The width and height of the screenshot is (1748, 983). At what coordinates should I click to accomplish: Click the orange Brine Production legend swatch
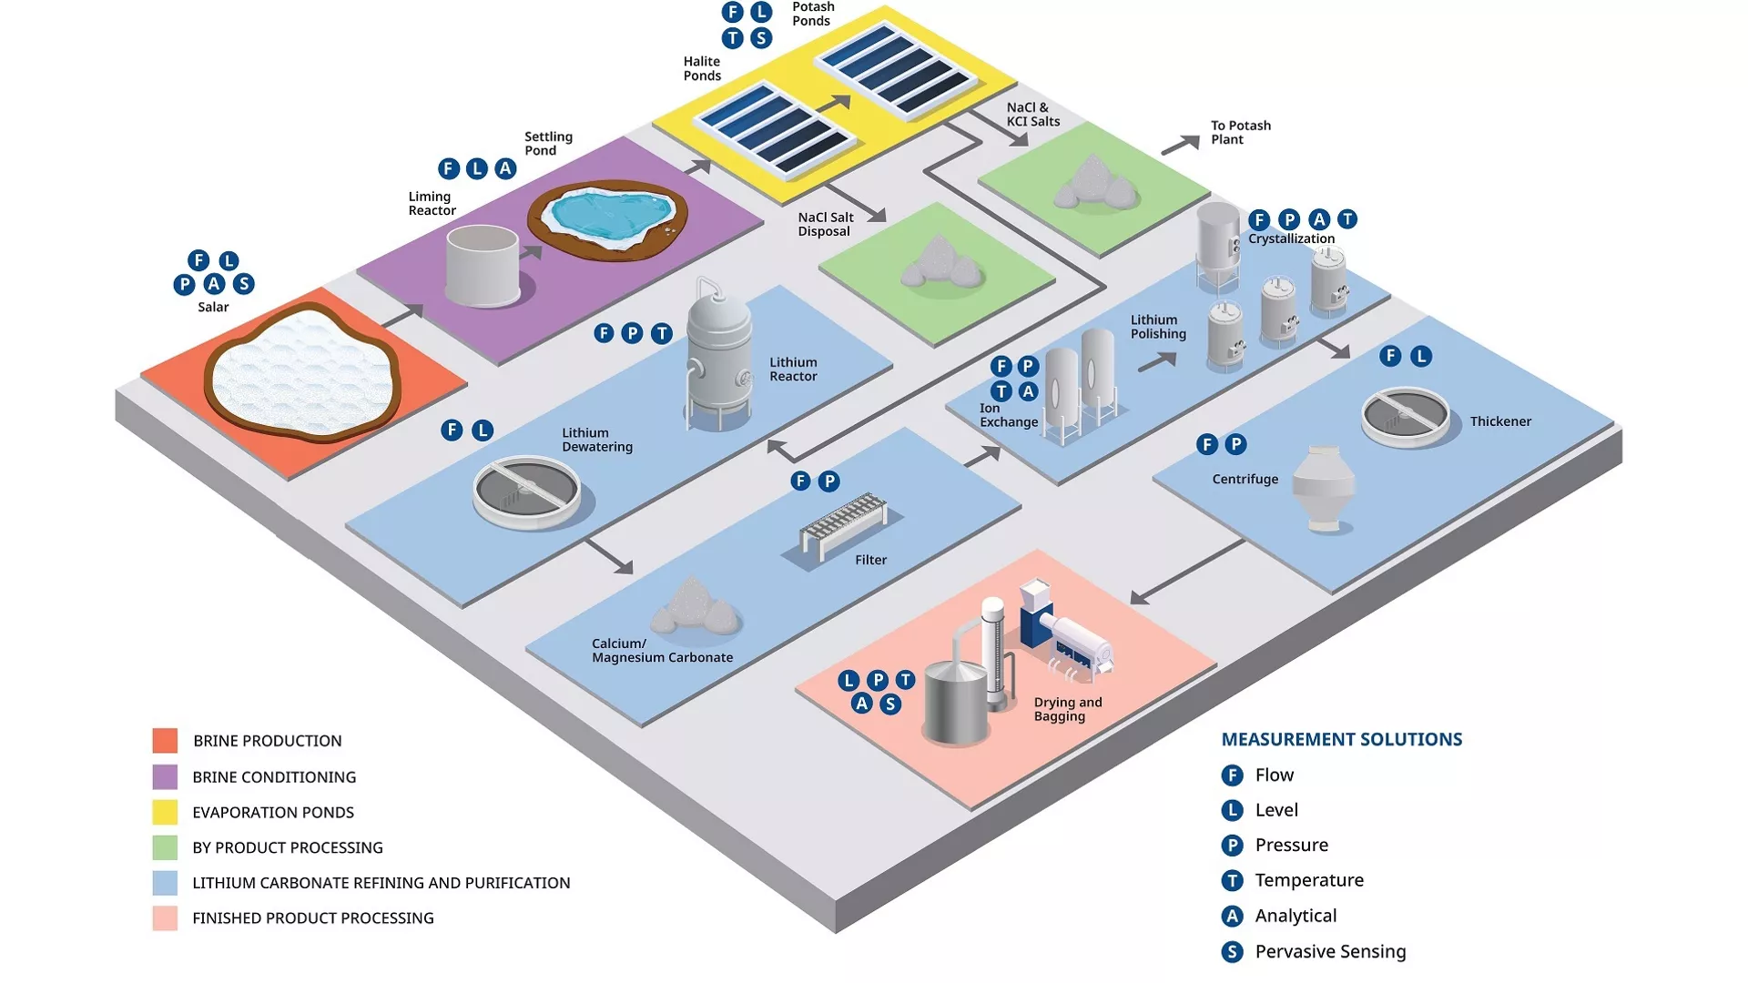(x=165, y=740)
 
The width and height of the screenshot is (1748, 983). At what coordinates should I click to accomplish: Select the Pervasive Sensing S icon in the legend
(x=1232, y=952)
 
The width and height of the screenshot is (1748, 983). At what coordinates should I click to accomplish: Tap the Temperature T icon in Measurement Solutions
(x=1232, y=881)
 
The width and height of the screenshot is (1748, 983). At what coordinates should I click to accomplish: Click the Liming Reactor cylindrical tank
(x=483, y=265)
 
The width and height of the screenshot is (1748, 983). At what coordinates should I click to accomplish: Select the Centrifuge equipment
(x=1324, y=488)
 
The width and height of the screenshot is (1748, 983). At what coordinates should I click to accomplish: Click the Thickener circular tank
(x=1405, y=417)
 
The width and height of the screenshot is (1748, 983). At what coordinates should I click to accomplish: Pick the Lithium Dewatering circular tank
(x=527, y=491)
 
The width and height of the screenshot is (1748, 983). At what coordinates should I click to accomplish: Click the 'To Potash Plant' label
(x=1241, y=133)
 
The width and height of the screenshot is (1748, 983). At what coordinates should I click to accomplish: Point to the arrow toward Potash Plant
(x=1181, y=145)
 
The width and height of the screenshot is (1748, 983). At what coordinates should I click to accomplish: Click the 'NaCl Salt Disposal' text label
(x=826, y=224)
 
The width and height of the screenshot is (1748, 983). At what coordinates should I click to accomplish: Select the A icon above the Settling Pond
(x=505, y=168)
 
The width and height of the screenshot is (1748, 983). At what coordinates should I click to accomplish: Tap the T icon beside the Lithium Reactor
(x=662, y=334)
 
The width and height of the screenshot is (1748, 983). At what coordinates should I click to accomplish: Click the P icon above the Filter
(x=828, y=481)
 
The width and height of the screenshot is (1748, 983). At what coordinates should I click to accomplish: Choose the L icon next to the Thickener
(x=1420, y=357)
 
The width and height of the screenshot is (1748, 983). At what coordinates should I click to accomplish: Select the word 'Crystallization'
(x=1291, y=239)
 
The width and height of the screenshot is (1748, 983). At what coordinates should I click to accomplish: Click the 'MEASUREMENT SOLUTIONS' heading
(x=1342, y=740)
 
